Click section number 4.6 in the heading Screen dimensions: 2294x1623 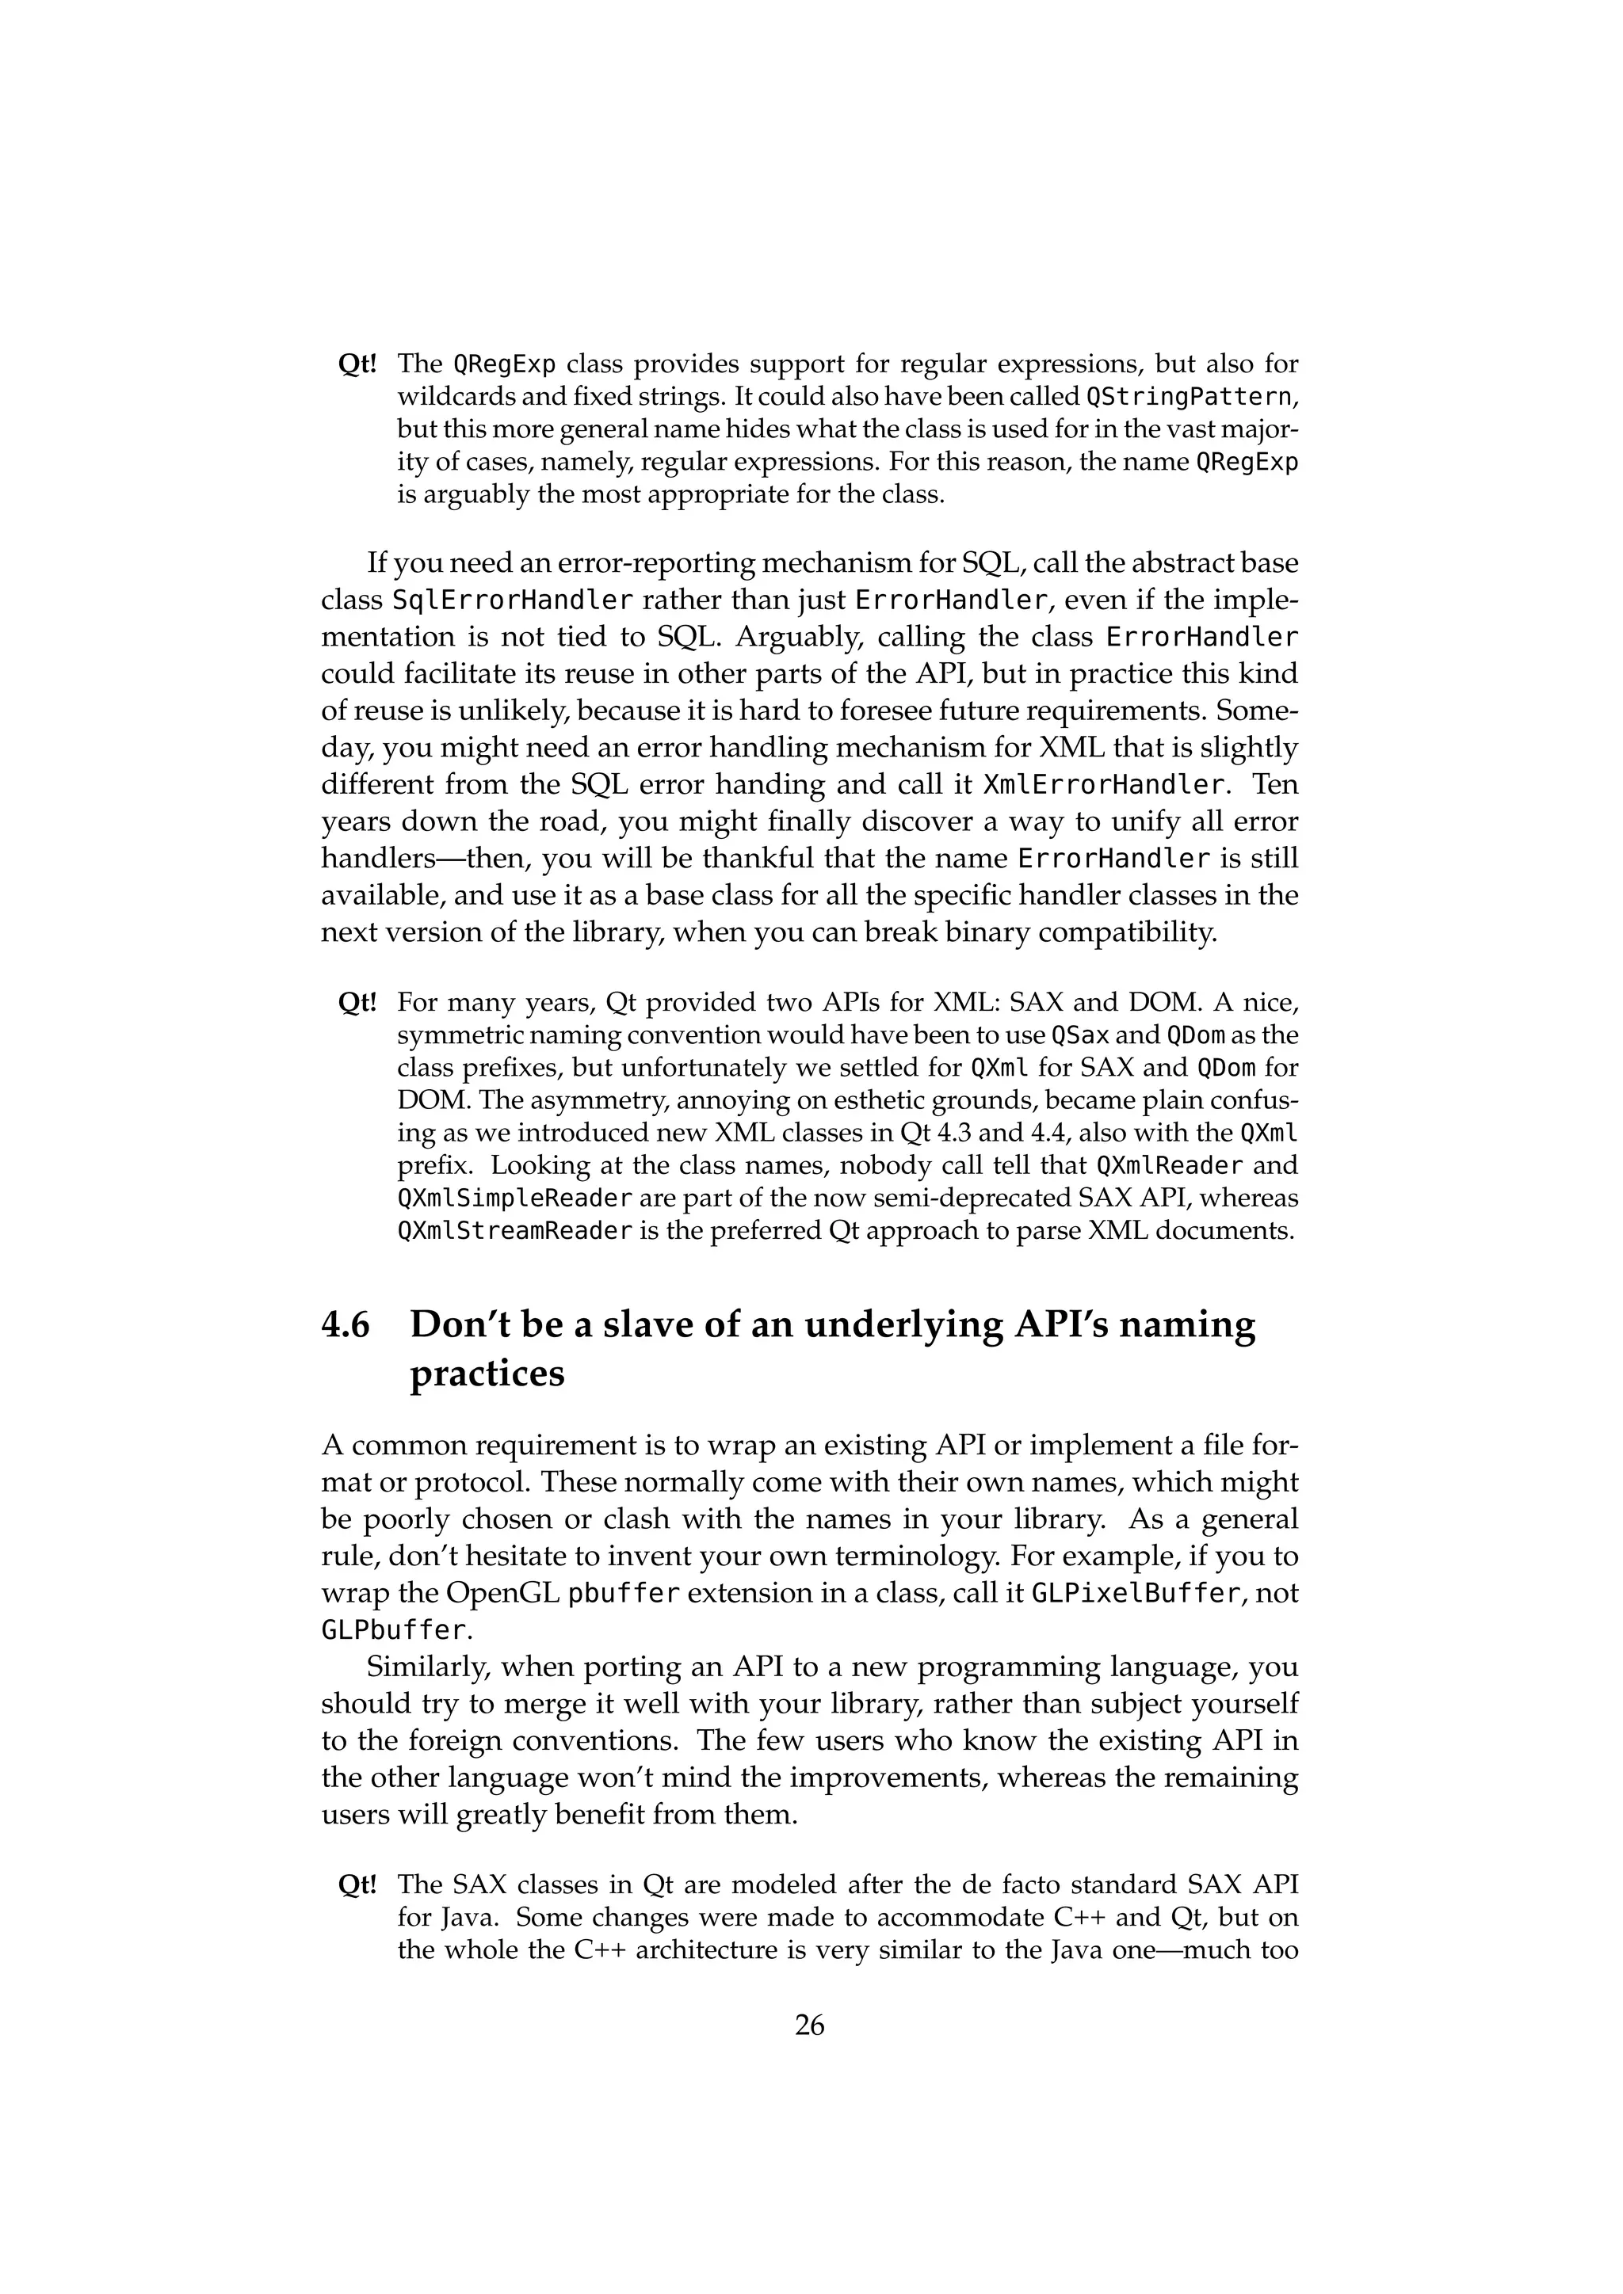[345, 1325]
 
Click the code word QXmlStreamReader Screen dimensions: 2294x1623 [514, 1231]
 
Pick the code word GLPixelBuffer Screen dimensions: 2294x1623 [1136, 1594]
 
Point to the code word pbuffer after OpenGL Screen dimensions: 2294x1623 [624, 1594]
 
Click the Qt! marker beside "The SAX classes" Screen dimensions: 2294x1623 [357, 1885]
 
